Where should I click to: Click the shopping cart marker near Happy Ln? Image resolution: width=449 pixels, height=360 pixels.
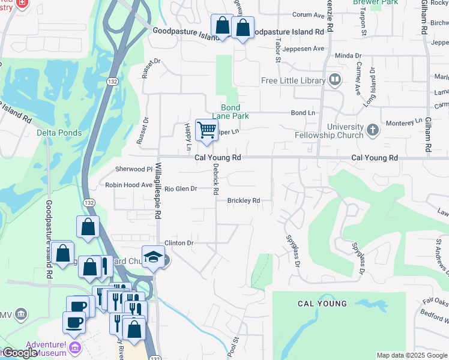(x=206, y=130)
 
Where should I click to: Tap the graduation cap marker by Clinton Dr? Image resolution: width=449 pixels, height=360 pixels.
(x=153, y=257)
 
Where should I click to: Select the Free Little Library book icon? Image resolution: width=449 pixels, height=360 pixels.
(x=335, y=80)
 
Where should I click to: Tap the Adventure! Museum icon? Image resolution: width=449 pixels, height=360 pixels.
(x=75, y=348)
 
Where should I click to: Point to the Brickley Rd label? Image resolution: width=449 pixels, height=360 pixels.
(x=243, y=200)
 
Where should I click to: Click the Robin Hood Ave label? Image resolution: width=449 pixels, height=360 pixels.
(x=128, y=185)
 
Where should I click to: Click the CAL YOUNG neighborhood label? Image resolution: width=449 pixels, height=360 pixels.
(x=322, y=304)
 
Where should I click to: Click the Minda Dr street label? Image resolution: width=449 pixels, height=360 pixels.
(x=348, y=55)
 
